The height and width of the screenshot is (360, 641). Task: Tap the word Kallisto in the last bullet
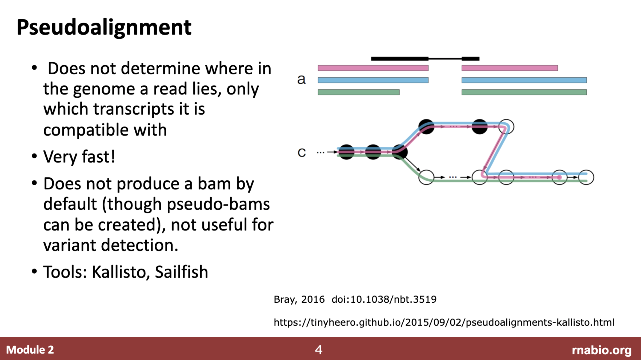(x=119, y=272)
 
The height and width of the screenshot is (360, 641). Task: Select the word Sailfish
(x=181, y=272)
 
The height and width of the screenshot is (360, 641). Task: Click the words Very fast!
(x=79, y=157)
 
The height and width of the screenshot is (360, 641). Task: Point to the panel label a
(x=301, y=79)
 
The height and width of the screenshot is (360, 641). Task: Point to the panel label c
(x=302, y=153)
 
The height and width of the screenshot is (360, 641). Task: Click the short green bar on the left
(x=359, y=92)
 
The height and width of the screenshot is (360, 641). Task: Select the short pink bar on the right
(x=510, y=68)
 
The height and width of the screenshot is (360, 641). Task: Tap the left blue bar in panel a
(x=373, y=80)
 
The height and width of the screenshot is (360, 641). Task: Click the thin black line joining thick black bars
(x=445, y=59)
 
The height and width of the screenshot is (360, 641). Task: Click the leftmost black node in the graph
(x=346, y=152)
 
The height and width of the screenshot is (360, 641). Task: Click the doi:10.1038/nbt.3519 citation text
(x=384, y=299)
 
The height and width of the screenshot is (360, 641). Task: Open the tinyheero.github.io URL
(x=444, y=322)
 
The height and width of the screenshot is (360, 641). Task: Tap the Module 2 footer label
(x=30, y=350)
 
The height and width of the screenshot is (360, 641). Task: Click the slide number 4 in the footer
(x=319, y=350)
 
